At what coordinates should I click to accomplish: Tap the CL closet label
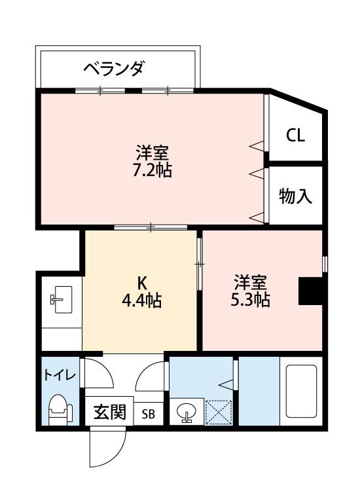295,136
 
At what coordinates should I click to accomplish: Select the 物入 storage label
295,196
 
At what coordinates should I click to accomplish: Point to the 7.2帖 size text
153,171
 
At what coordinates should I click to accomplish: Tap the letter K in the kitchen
141,283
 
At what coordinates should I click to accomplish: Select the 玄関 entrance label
109,413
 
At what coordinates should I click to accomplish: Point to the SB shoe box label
149,414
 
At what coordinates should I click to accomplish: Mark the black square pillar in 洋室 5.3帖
310,291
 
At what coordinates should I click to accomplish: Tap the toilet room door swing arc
96,373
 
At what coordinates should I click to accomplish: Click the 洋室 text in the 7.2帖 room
153,154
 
